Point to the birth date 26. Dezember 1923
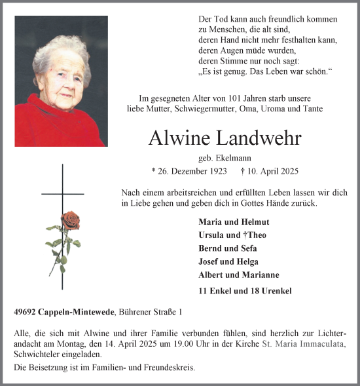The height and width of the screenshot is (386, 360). pyautogui.click(x=189, y=172)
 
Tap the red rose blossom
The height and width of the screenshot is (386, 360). pyautogui.click(x=70, y=220)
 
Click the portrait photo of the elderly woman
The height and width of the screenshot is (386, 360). pyautogui.click(x=60, y=81)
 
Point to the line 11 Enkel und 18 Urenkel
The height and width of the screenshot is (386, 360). pyautogui.click(x=245, y=290)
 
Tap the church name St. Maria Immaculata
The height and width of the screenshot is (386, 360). pyautogui.click(x=303, y=345)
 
